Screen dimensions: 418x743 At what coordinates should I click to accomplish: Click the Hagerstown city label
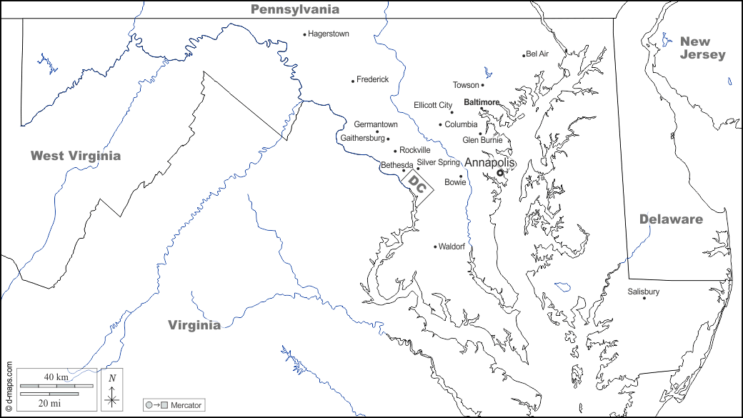pos(329,34)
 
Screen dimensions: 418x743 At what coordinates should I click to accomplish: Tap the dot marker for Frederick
pos(353,81)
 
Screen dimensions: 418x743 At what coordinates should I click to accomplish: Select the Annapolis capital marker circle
pos(500,172)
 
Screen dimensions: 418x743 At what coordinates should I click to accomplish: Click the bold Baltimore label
pos(482,102)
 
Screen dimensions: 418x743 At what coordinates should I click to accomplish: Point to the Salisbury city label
pos(643,292)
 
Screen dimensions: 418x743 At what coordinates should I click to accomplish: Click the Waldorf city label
pos(452,247)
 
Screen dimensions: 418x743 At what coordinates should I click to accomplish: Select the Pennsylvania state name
pos(294,9)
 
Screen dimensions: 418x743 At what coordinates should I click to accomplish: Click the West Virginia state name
pos(76,156)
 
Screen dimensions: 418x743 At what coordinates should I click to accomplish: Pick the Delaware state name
pos(671,219)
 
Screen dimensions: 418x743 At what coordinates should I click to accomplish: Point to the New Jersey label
pos(702,48)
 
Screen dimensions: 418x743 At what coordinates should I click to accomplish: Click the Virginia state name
pos(194,325)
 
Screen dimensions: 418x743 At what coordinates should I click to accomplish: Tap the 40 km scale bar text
pos(56,377)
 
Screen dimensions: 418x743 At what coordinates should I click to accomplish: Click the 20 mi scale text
pos(49,403)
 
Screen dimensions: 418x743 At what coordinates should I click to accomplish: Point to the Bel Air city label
pos(537,54)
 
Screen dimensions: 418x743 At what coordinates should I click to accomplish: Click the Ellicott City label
pos(433,105)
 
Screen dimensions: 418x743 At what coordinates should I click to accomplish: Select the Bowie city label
pos(455,182)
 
